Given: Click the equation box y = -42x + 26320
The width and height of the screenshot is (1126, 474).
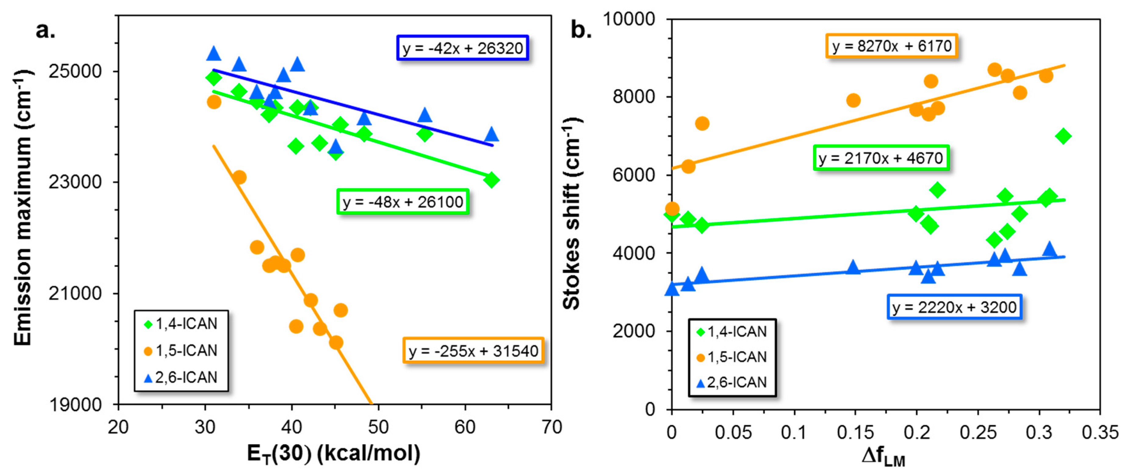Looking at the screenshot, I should (462, 48).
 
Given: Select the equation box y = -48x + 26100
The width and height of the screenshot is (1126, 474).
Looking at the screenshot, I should (403, 202).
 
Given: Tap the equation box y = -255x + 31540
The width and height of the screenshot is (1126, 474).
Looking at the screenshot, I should (473, 351).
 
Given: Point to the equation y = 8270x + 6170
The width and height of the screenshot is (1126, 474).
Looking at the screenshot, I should (891, 46).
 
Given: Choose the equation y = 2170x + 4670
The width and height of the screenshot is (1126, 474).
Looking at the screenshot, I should (881, 158).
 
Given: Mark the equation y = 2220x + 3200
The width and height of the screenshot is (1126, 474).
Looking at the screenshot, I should (954, 307).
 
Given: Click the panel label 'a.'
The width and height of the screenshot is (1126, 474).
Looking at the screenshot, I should (45, 31).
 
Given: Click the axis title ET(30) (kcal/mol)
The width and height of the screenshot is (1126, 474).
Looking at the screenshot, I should (333, 454).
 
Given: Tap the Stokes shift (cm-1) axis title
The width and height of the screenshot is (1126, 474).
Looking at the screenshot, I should (572, 214).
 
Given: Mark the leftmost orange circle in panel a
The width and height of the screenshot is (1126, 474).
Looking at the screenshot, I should (214, 102).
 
